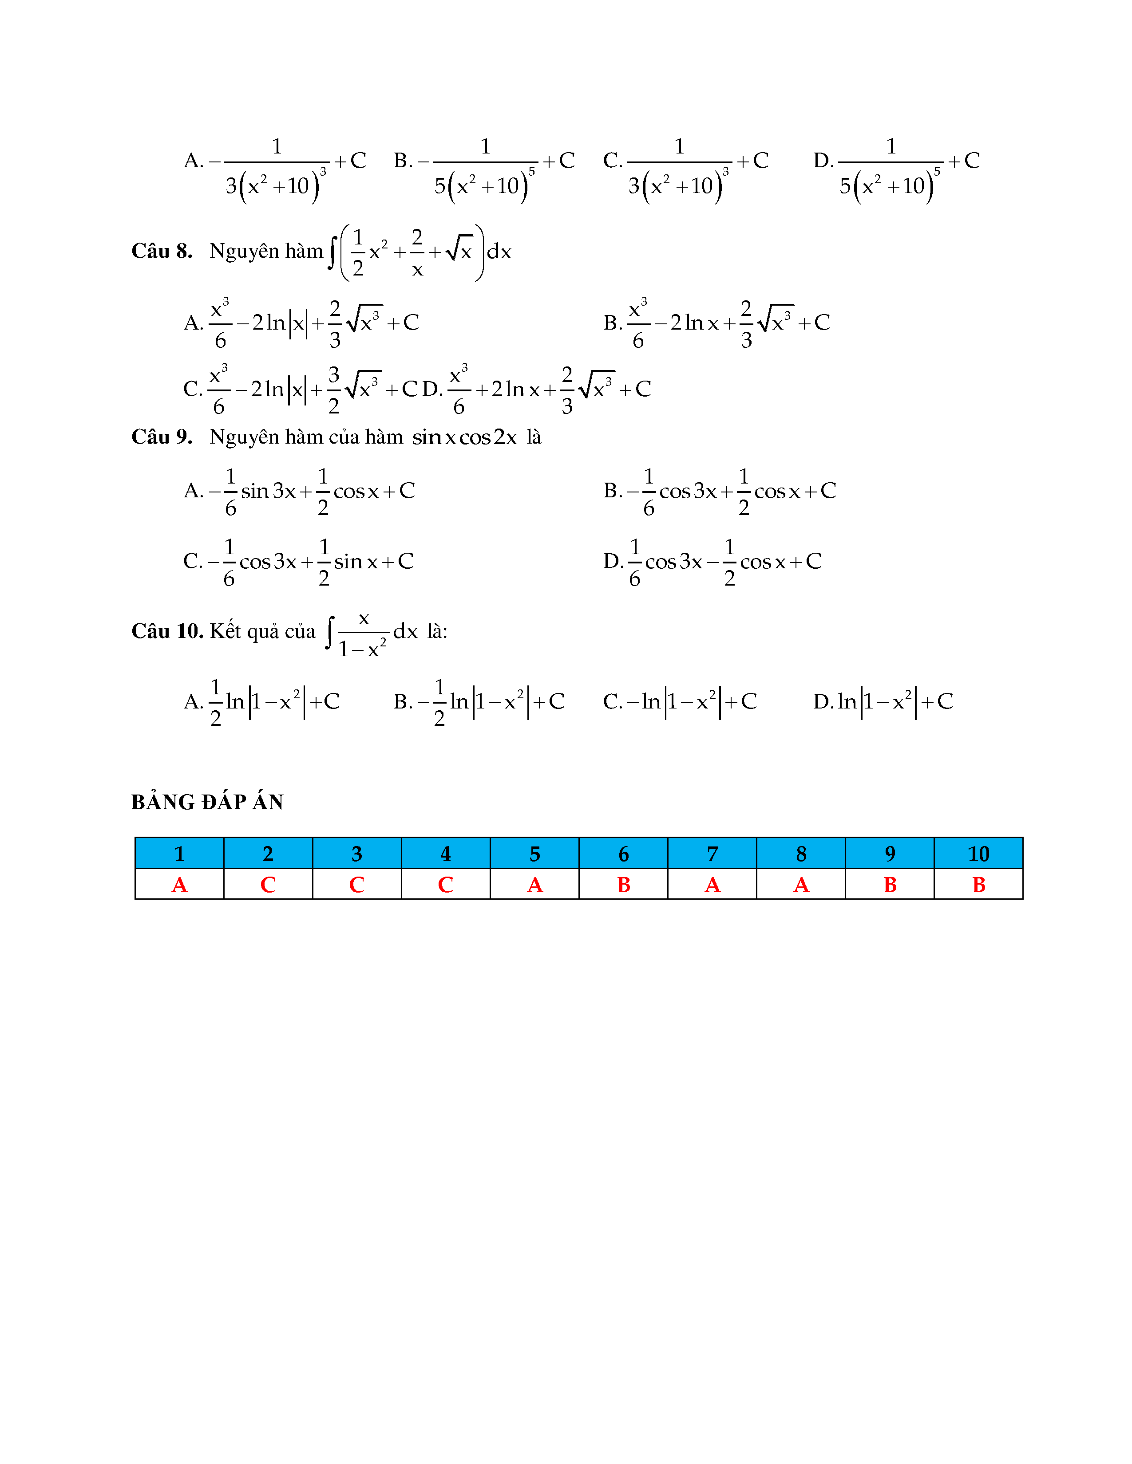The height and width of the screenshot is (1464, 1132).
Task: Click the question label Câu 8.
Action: (162, 252)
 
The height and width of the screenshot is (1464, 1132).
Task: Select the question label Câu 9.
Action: (162, 437)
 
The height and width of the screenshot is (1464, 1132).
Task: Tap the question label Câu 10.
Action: (167, 631)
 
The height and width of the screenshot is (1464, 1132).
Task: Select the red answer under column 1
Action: (179, 885)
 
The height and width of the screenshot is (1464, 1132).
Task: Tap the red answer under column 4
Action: (445, 885)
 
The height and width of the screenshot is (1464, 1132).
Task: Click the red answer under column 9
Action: (890, 885)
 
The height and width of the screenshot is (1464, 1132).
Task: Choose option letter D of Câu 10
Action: (822, 702)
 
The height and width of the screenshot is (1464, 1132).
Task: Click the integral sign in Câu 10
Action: (329, 632)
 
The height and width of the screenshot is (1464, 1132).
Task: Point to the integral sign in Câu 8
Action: (332, 252)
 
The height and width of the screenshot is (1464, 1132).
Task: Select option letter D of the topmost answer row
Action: (822, 161)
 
